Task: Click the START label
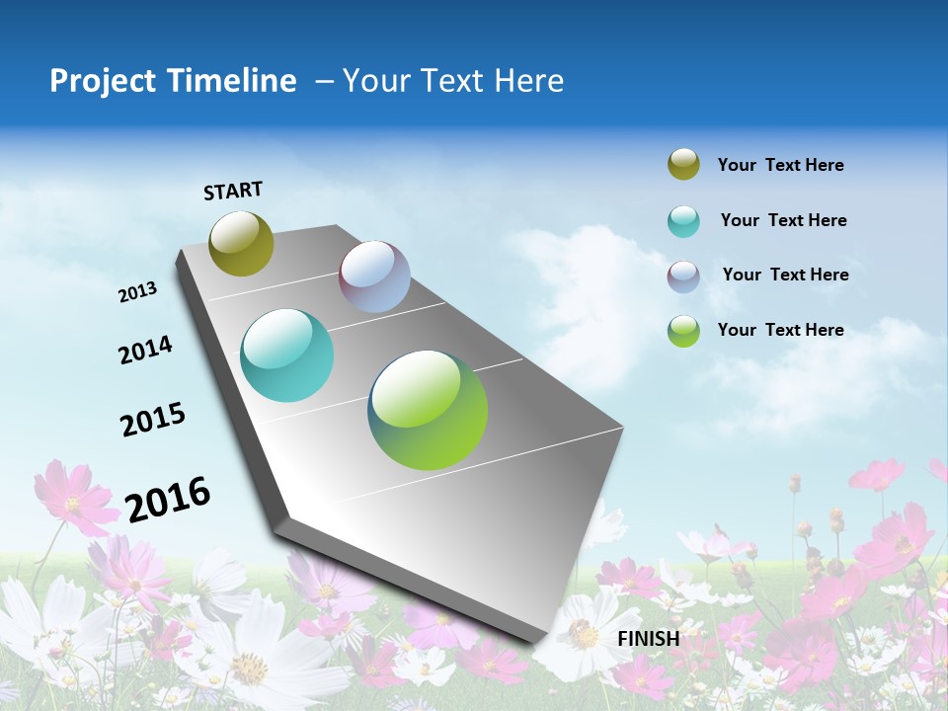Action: [x=233, y=191]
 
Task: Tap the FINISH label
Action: [x=648, y=638]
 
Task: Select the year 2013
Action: [x=138, y=292]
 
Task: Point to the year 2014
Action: [x=146, y=351]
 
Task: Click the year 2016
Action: [x=168, y=499]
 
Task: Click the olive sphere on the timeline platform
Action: [x=241, y=243]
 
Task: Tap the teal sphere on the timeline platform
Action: [x=286, y=355]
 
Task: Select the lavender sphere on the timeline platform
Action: [x=374, y=276]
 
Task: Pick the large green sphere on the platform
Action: [x=428, y=410]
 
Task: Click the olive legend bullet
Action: [x=683, y=165]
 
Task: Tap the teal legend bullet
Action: [x=683, y=221]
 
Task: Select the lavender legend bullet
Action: [x=683, y=276]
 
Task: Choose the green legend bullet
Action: [x=683, y=331]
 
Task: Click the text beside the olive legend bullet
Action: [x=780, y=166]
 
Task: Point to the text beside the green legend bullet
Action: [x=780, y=330]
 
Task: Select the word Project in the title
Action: [x=103, y=81]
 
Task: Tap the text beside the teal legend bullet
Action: [x=783, y=220]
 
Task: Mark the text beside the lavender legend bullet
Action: [x=785, y=275]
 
